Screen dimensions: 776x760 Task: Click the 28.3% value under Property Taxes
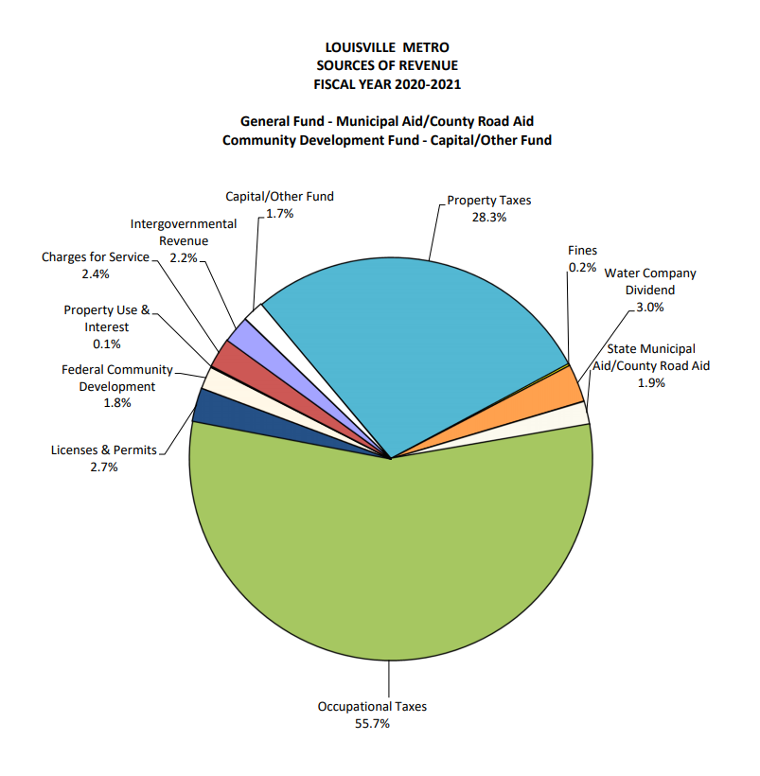pos(488,217)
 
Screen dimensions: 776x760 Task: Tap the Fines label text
pos(582,250)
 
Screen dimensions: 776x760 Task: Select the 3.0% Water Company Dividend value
pos(650,307)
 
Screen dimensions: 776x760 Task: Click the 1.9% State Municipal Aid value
pos(651,382)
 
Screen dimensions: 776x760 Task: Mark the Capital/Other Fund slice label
pos(279,197)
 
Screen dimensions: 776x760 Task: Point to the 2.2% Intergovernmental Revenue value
pos(183,256)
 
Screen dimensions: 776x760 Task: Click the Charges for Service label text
pos(96,256)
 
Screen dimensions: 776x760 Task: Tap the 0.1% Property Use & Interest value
pos(106,344)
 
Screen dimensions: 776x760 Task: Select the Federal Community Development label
pos(117,378)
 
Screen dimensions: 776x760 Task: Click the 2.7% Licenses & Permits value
pos(103,467)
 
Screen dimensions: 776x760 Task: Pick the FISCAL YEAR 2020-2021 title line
pos(386,83)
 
